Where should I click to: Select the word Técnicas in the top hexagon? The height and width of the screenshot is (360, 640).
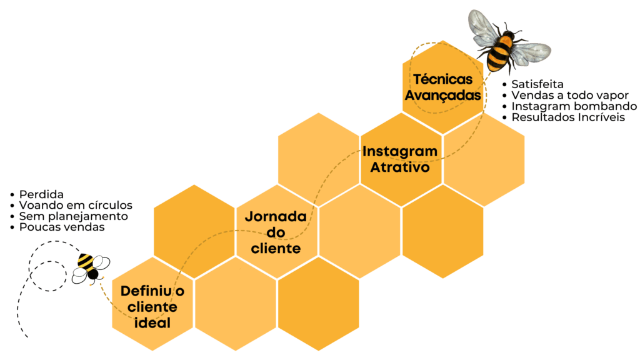442,80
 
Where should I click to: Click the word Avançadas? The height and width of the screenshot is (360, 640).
443,96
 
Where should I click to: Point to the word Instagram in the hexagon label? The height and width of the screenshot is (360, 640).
400,152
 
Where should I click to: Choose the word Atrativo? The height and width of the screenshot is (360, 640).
400,167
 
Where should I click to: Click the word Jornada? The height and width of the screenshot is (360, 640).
276,217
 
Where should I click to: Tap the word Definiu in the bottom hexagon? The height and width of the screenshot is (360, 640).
144,291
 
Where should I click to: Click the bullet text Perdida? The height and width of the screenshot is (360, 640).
41,194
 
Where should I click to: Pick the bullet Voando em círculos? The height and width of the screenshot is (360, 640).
76,206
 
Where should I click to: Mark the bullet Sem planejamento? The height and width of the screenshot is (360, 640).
73,216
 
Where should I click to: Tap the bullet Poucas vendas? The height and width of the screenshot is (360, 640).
62,227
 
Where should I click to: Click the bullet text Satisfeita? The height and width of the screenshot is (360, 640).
537,84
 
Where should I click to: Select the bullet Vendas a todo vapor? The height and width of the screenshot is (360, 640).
569,95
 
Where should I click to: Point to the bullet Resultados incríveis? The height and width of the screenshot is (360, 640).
567,117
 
